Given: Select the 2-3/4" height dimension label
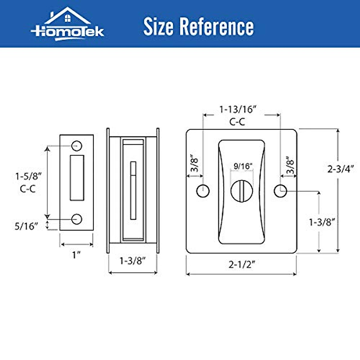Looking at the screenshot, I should pyautogui.click(x=341, y=169).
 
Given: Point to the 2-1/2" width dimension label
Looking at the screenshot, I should pyautogui.click(x=241, y=265).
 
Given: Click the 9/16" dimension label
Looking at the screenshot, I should pyautogui.click(x=243, y=166).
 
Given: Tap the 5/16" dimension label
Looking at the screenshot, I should pyautogui.click(x=26, y=226).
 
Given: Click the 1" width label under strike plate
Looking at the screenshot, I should pyautogui.click(x=76, y=255).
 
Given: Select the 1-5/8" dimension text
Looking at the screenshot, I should pyautogui.click(x=28, y=176).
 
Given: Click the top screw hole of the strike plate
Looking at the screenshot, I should pyautogui.click(x=77, y=145).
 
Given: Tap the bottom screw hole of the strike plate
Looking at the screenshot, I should pyautogui.click(x=77, y=219).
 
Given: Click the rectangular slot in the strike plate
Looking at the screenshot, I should pyautogui.click(x=77, y=178).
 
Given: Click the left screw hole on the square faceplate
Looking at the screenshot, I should pyautogui.click(x=203, y=191).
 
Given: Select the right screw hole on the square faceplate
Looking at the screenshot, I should pyautogui.click(x=280, y=191).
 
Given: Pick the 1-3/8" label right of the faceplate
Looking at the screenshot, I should pyautogui.click(x=322, y=222).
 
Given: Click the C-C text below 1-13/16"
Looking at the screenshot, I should pyautogui.click(x=237, y=122).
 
